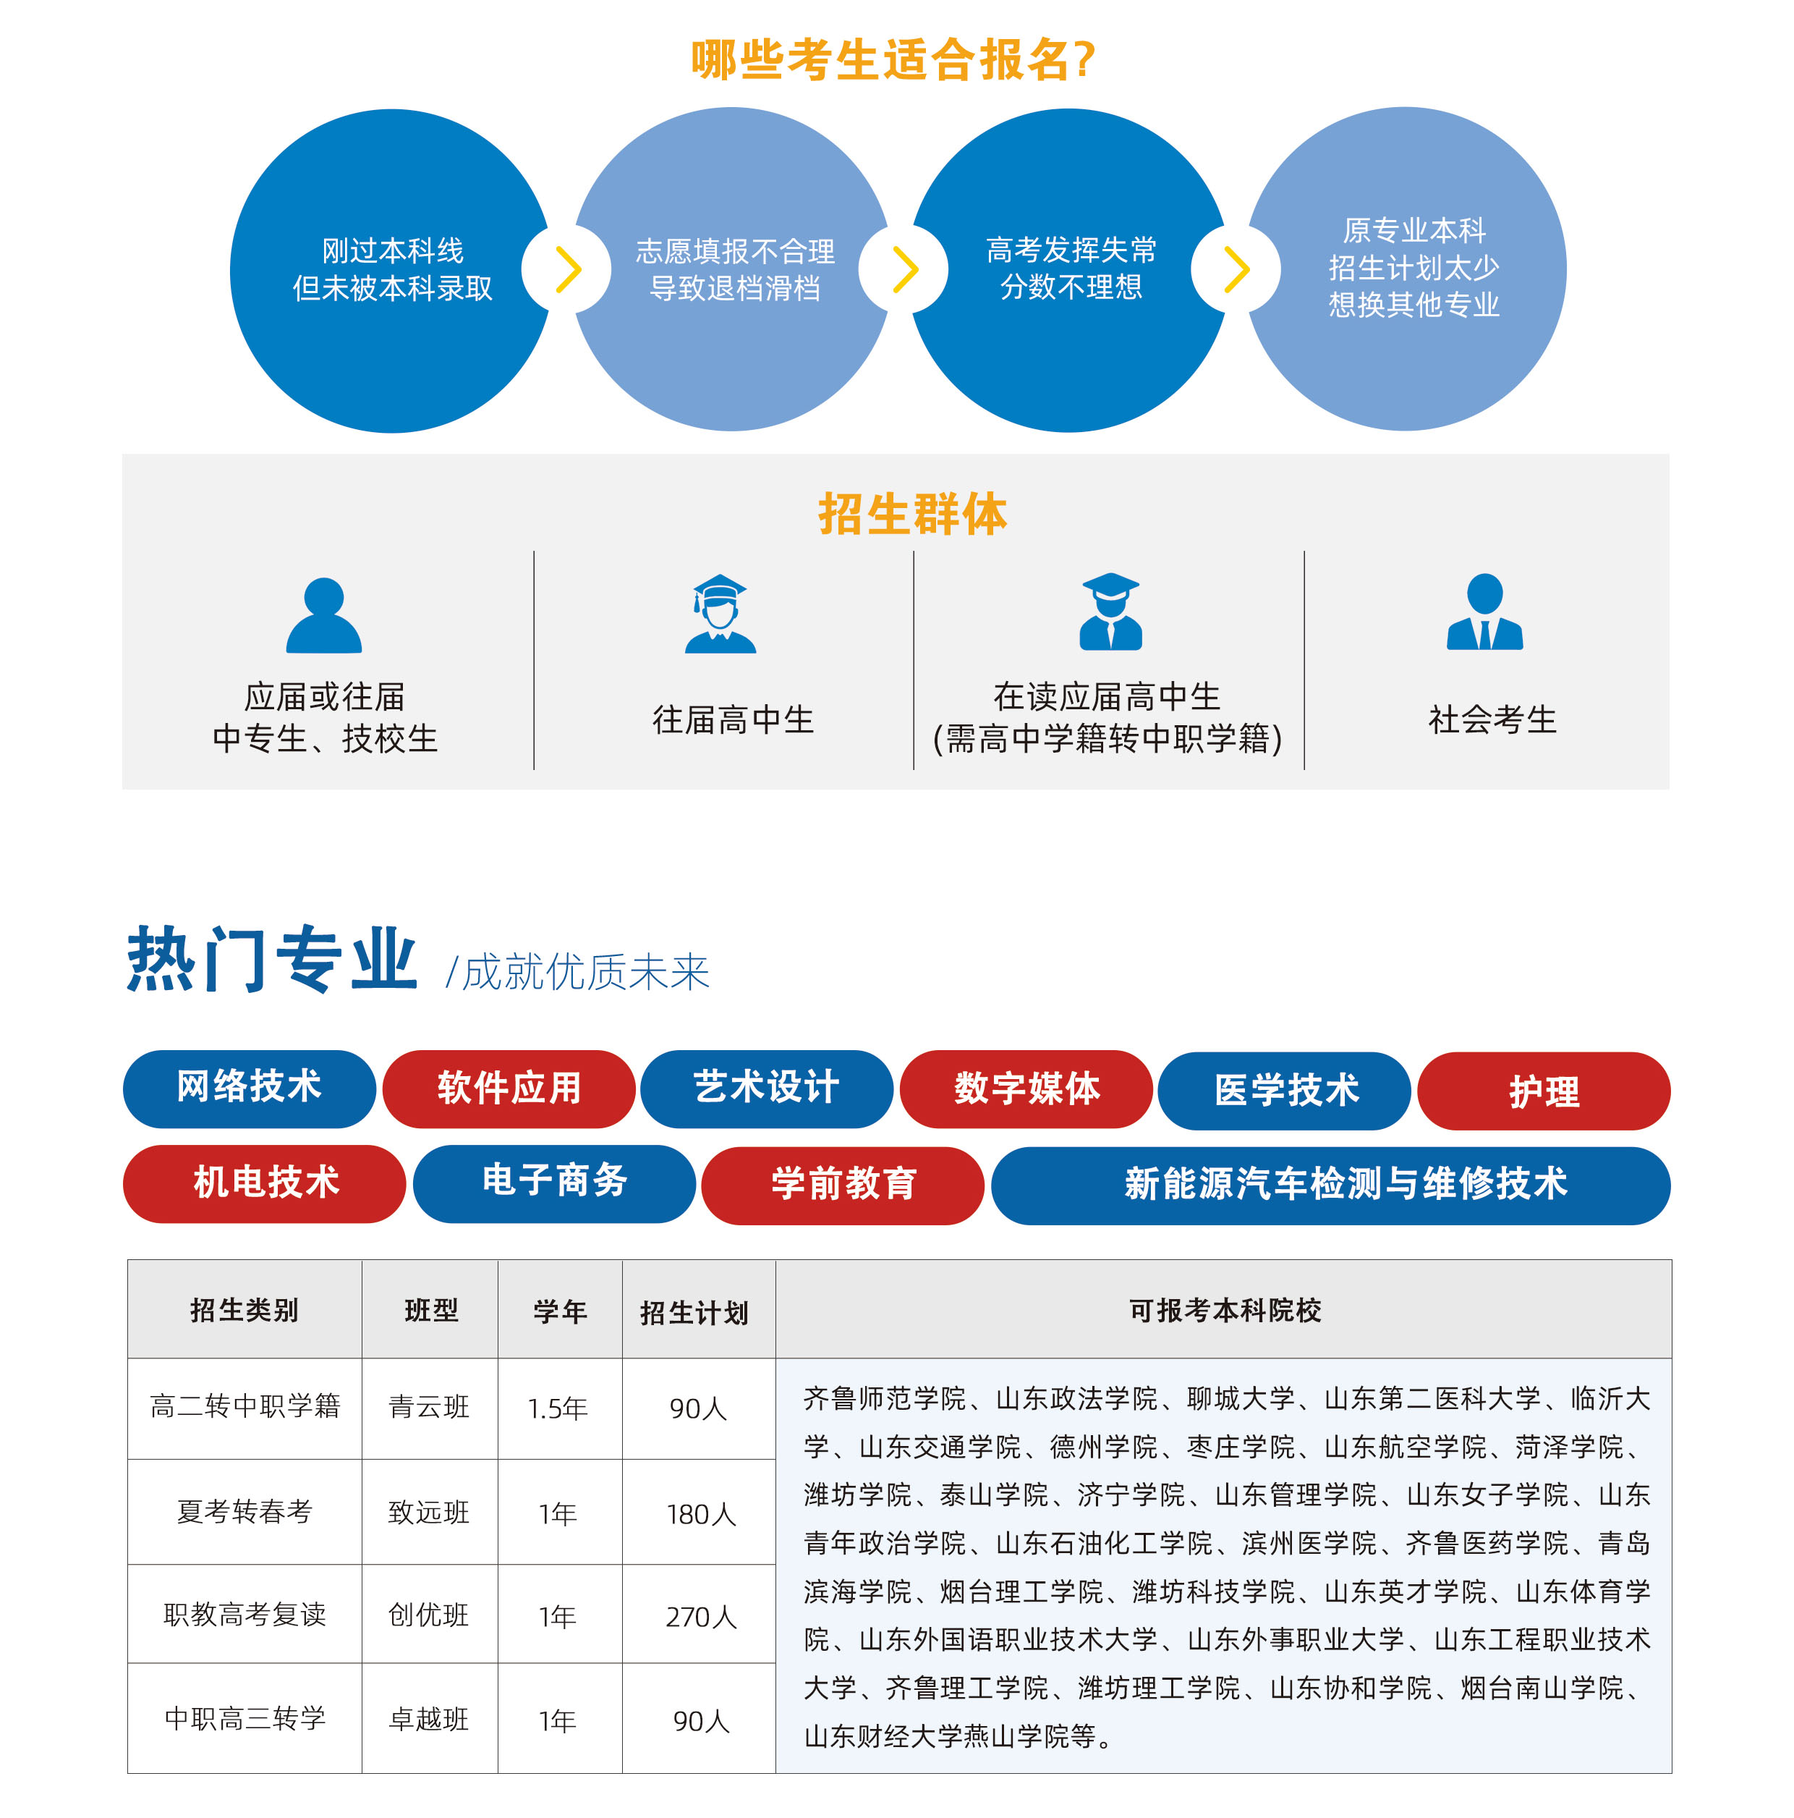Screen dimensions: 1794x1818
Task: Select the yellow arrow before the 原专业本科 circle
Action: pyautogui.click(x=1236, y=270)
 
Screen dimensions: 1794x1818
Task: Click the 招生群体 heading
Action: pyautogui.click(x=911, y=514)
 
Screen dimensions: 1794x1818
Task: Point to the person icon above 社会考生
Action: pyautogui.click(x=1484, y=612)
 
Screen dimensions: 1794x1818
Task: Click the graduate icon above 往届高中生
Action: pyautogui.click(x=720, y=614)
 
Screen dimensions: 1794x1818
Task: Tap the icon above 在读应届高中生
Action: pyautogui.click(x=1110, y=612)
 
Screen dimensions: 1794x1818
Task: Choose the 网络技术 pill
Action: pyautogui.click(x=250, y=1088)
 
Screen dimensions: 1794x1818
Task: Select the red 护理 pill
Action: pyautogui.click(x=1543, y=1091)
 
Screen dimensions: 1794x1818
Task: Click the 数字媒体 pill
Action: pyautogui.click(x=1026, y=1088)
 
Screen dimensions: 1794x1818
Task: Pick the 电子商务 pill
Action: pyautogui.click(x=554, y=1183)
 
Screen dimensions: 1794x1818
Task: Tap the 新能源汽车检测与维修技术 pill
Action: pyautogui.click(x=1330, y=1185)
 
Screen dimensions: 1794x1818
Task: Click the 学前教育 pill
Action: pyautogui.click(x=843, y=1185)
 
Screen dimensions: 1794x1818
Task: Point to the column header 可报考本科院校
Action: pyautogui.click(x=1225, y=1310)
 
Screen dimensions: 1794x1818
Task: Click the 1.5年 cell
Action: pyautogui.click(x=558, y=1408)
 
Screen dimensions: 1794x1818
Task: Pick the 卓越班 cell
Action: pyautogui.click(x=429, y=1719)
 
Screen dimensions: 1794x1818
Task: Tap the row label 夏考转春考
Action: pyautogui.click(x=245, y=1511)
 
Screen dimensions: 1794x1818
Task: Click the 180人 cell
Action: pyautogui.click(x=701, y=1514)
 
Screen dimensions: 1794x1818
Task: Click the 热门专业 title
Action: pyautogui.click(x=272, y=958)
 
